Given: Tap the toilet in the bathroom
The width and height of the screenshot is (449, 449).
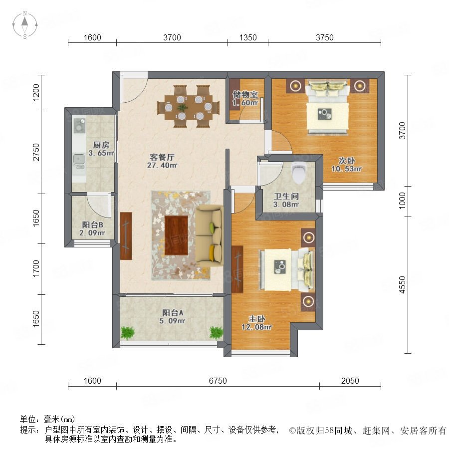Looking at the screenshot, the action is pyautogui.click(x=299, y=173).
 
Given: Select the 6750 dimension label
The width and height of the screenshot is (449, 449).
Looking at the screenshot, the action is pyautogui.click(x=218, y=381).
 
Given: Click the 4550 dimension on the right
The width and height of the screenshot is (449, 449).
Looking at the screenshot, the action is pyautogui.click(x=402, y=285).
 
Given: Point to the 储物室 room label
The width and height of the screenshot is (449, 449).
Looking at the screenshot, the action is pyautogui.click(x=245, y=94).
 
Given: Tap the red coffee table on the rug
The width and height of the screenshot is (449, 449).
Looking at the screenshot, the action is pyautogui.click(x=176, y=235).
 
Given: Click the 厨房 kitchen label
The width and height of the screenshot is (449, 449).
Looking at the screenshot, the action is pyautogui.click(x=101, y=145).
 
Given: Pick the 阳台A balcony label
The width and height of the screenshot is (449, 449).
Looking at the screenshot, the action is pyautogui.click(x=173, y=313).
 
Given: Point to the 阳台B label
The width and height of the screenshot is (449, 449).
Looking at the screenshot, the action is pyautogui.click(x=92, y=225).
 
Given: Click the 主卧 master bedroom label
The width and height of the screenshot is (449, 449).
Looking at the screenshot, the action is pyautogui.click(x=256, y=319).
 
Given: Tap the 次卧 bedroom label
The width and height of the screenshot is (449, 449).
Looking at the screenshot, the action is pyautogui.click(x=347, y=161).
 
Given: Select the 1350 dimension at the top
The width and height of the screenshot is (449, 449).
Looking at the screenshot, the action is pyautogui.click(x=248, y=37).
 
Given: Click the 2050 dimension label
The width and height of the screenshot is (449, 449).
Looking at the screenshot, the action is pyautogui.click(x=350, y=381).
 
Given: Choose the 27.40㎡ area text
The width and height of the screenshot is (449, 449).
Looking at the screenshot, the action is pyautogui.click(x=162, y=165).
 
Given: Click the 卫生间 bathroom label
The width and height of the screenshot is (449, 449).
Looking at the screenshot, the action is pyautogui.click(x=286, y=196).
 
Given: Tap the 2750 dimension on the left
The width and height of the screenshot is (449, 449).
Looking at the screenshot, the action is pyautogui.click(x=36, y=152).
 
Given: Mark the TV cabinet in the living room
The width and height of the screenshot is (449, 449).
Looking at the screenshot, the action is pyautogui.click(x=126, y=236).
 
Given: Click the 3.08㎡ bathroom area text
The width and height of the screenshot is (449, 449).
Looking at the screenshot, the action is pyautogui.click(x=286, y=205).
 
